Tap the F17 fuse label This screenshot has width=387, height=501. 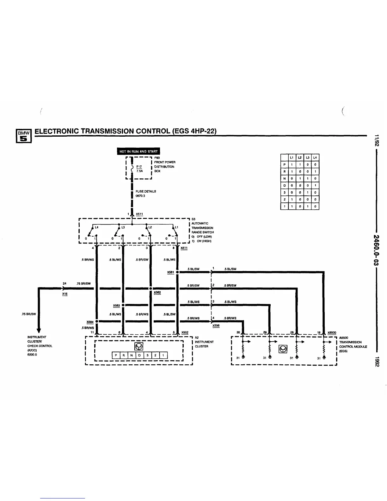click(139, 167)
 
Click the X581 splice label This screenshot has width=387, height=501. click(170, 272)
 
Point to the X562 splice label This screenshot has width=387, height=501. click(157, 293)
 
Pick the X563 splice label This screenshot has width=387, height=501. click(116, 305)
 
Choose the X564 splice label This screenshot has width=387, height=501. click(89, 322)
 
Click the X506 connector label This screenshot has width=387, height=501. click(216, 325)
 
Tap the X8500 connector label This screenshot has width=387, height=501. click(332, 332)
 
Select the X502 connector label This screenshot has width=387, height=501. click(185, 332)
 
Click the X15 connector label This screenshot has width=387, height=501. click(65, 294)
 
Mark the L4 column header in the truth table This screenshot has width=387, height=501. click(315, 158)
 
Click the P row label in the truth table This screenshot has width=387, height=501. click(284, 164)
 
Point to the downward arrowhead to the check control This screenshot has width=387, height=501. click(38, 330)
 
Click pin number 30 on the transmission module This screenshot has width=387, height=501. click(238, 332)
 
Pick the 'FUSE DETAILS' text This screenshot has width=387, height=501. click(146, 191)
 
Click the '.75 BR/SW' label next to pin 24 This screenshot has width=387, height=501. click(83, 284)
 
